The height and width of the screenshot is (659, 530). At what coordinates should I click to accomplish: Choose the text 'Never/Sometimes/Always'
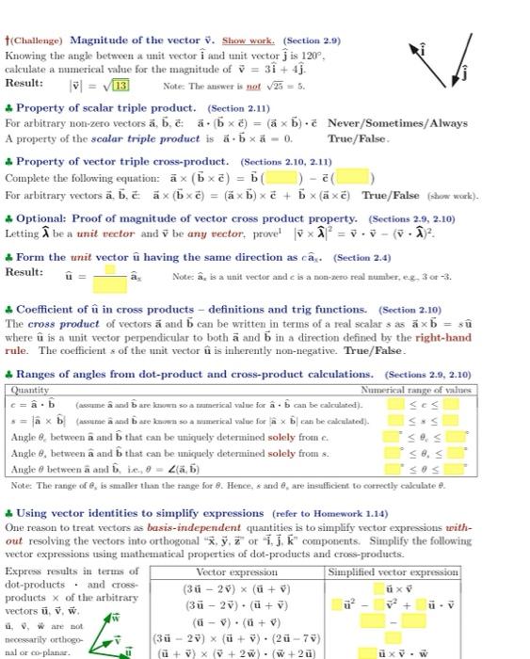tap(410, 124)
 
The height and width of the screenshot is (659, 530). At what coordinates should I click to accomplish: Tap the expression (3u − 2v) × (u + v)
tap(236, 563)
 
